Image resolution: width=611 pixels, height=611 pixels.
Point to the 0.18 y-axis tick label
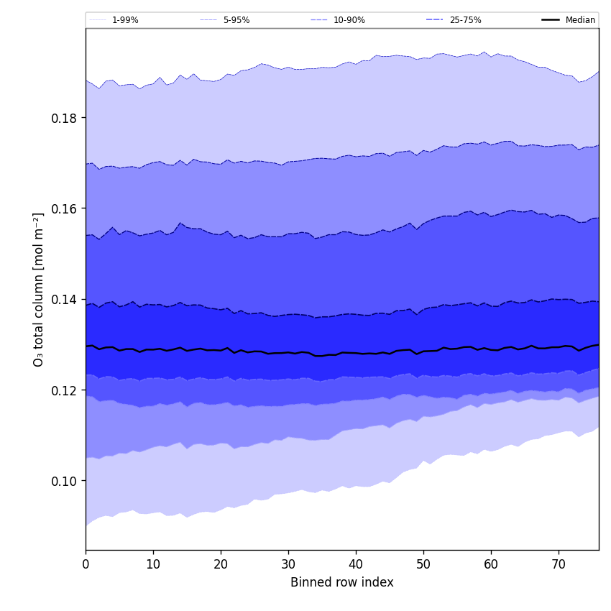(65, 118)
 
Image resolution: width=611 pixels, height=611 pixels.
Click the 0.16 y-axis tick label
(65, 208)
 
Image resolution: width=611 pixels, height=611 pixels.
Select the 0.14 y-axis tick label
(65, 300)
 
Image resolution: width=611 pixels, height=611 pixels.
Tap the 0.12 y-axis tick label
(65, 390)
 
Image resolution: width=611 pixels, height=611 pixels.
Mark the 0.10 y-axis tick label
(65, 481)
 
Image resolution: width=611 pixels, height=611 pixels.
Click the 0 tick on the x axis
(86, 564)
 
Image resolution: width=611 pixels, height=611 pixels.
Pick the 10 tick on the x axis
(153, 564)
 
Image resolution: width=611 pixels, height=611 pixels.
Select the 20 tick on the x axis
(221, 564)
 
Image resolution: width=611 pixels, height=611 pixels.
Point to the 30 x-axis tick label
(288, 564)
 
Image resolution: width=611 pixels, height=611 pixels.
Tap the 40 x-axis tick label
(356, 564)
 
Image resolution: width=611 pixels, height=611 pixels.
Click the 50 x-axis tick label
(423, 564)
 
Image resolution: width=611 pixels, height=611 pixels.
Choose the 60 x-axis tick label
(491, 564)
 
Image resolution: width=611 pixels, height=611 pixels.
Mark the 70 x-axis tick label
(559, 564)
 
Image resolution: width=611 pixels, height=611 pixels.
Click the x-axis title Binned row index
(342, 583)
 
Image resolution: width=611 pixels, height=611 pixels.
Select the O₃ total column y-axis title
(39, 289)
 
